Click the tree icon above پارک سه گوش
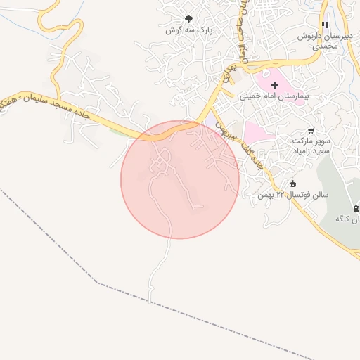(x=188, y=19)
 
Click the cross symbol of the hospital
(x=274, y=85)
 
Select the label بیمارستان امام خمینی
(x=274, y=96)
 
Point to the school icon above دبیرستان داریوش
(x=325, y=25)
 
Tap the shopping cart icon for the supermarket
(x=311, y=131)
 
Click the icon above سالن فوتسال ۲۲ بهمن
(x=292, y=184)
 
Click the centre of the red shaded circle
(x=180, y=179)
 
